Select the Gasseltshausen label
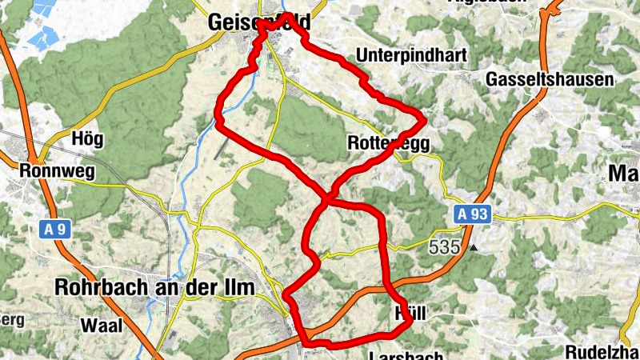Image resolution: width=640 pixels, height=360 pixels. [x=550, y=79]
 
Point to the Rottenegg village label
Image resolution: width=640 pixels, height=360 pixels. [x=390, y=143]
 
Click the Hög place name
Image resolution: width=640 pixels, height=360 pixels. [x=87, y=138]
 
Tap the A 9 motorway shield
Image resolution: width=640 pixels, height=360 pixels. [x=55, y=230]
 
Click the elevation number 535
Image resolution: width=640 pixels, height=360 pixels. [x=444, y=247]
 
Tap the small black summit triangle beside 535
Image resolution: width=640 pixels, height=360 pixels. [x=474, y=248]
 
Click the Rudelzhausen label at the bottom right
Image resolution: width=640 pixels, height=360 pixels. [x=602, y=352]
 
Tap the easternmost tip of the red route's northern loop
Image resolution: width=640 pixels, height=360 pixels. [x=424, y=120]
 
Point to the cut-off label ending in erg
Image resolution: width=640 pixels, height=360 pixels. [x=11, y=320]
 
